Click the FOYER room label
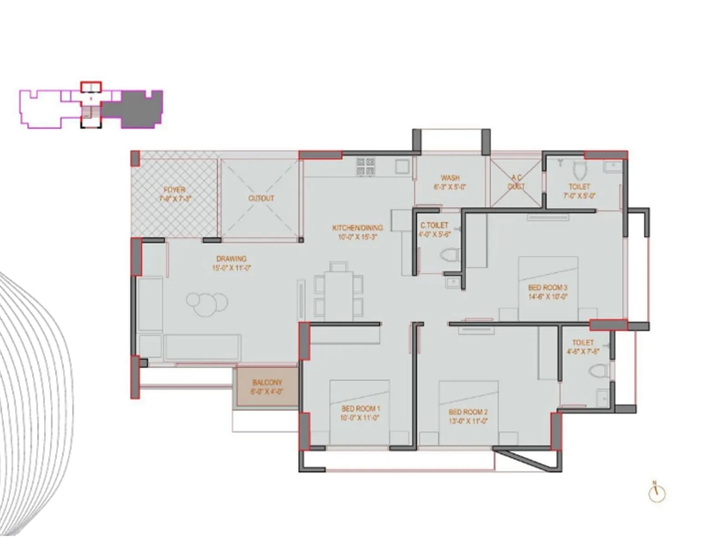[174, 190]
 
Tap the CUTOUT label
[261, 198]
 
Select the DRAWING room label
[231, 258]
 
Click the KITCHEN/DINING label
[357, 227]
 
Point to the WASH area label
[450, 178]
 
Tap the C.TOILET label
[434, 225]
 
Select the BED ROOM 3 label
[547, 288]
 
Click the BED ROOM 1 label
[360, 409]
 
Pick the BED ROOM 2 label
[468, 412]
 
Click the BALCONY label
[267, 383]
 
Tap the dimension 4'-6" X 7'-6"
[583, 352]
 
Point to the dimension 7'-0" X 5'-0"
[579, 196]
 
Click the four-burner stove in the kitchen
[366, 167]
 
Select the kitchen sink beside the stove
[402, 167]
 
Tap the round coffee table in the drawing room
[207, 303]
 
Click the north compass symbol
[657, 493]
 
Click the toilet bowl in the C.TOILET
[450, 255]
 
